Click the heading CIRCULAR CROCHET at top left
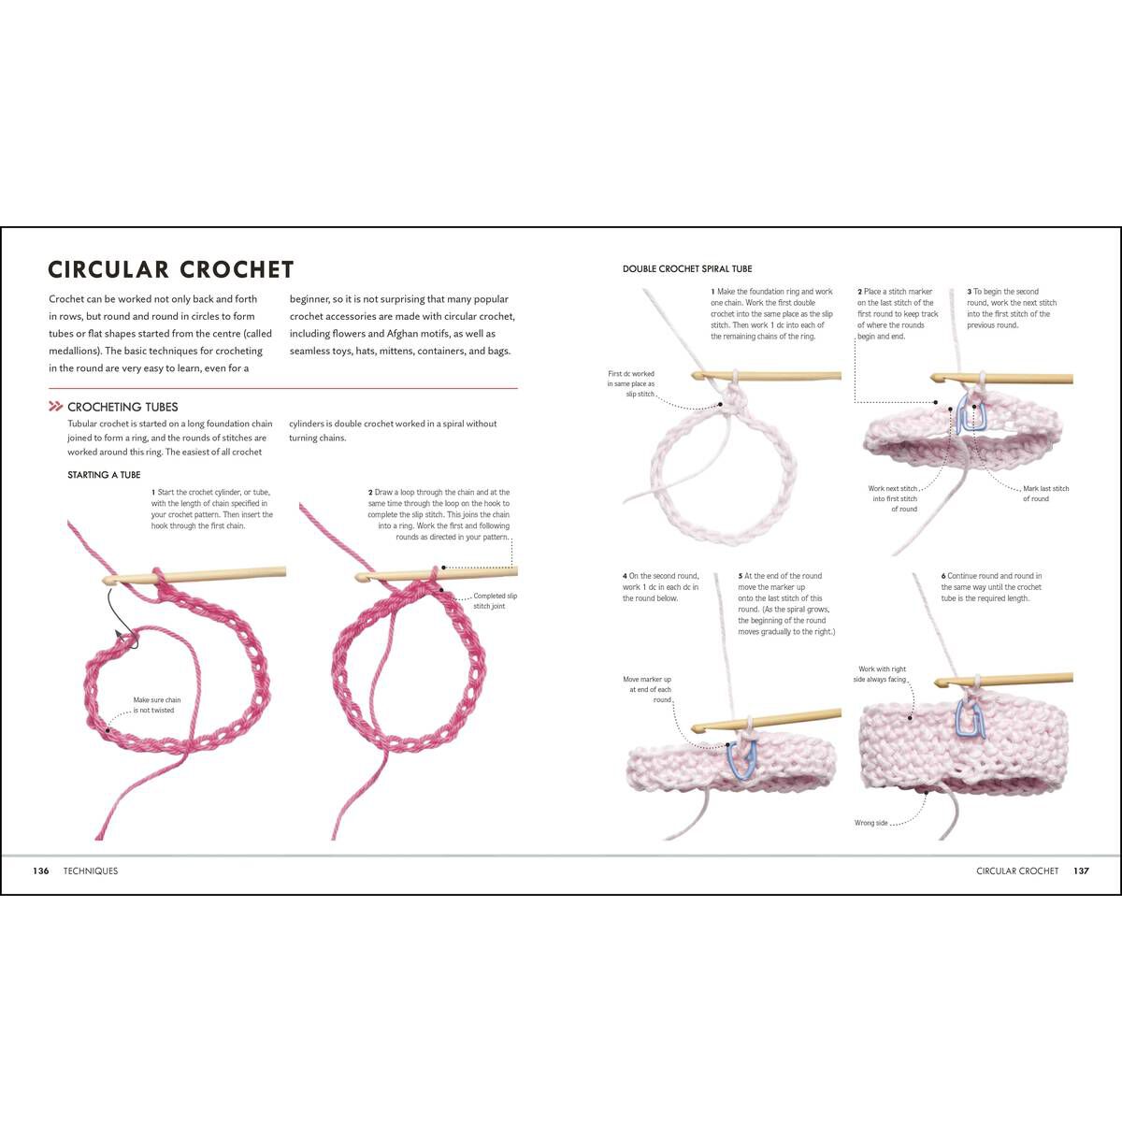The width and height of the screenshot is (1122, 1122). pos(171,270)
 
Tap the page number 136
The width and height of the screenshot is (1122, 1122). pos(40,870)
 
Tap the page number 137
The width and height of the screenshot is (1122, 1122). pos(1081,870)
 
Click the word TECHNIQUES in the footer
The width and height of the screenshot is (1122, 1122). pos(91,870)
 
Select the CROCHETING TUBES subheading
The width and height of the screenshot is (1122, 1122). pos(122,407)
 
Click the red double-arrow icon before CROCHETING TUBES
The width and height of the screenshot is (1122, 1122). pos(56,407)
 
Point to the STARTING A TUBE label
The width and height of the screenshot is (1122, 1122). pos(104,475)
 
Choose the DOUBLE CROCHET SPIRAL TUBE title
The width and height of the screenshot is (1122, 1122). pos(687,269)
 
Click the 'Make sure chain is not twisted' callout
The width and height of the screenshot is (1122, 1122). pos(157,705)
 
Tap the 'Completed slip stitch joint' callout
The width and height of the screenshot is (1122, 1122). pos(495,600)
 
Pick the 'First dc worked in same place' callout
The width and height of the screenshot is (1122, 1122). pos(631,383)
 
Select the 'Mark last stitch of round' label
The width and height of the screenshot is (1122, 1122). pos(1045,494)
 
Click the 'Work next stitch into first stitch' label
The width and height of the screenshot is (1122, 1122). pos(893,498)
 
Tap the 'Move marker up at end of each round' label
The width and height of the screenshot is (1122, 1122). pos(647,690)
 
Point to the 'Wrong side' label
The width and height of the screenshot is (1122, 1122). pos(870,823)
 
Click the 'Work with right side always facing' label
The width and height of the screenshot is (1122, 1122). pos(882,674)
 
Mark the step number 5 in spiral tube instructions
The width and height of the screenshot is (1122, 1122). pos(741,576)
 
